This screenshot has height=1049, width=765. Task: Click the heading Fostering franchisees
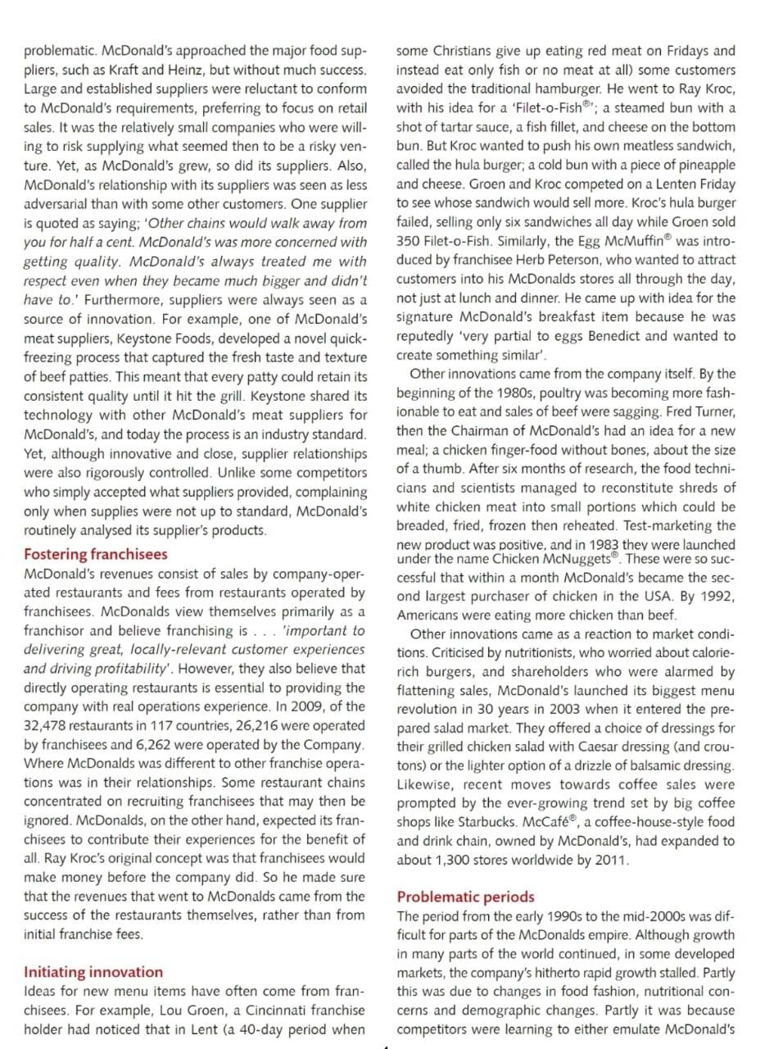click(x=95, y=554)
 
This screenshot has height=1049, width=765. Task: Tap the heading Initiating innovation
click(x=93, y=972)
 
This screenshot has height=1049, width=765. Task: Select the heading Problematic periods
click(x=465, y=897)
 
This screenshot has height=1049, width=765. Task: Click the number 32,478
click(x=50, y=725)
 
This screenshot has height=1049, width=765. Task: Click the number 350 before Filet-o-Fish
click(x=408, y=241)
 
